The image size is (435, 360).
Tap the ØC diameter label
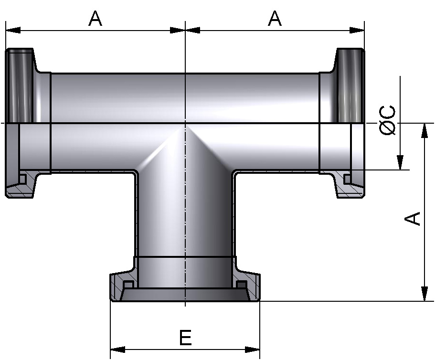pyautogui.click(x=389, y=120)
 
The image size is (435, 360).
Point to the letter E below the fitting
pyautogui.click(x=185, y=338)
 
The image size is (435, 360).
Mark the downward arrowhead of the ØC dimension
pyautogui.click(x=400, y=162)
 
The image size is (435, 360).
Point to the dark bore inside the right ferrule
pyautogui.click(x=350, y=86)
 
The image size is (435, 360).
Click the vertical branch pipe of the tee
pyautogui.click(x=185, y=215)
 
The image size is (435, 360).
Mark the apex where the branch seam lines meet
pyautogui.click(x=185, y=125)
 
